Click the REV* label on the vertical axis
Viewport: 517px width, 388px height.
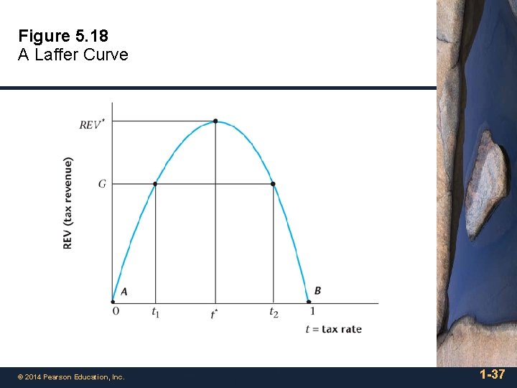coord(91,124)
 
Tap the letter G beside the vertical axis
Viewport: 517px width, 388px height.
coord(102,184)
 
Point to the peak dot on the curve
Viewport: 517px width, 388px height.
coord(215,121)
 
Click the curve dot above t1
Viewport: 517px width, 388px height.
coord(155,184)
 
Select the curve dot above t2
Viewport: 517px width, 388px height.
coord(273,184)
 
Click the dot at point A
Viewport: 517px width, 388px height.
coord(113,302)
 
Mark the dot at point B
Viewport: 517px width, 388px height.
coord(309,302)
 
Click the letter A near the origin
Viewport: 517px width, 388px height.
coord(124,291)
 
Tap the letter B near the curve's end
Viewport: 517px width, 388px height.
coord(317,290)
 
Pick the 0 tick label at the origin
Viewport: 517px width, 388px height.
coord(116,311)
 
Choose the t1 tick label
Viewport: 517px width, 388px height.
coord(155,312)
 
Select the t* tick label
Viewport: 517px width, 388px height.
coord(214,314)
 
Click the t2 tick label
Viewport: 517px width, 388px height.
coord(274,312)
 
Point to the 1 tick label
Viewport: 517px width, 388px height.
coord(312,311)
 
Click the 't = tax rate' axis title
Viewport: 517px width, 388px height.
coord(333,329)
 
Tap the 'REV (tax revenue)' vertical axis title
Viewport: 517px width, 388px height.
coord(68,203)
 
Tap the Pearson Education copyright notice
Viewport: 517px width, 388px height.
coord(71,377)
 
